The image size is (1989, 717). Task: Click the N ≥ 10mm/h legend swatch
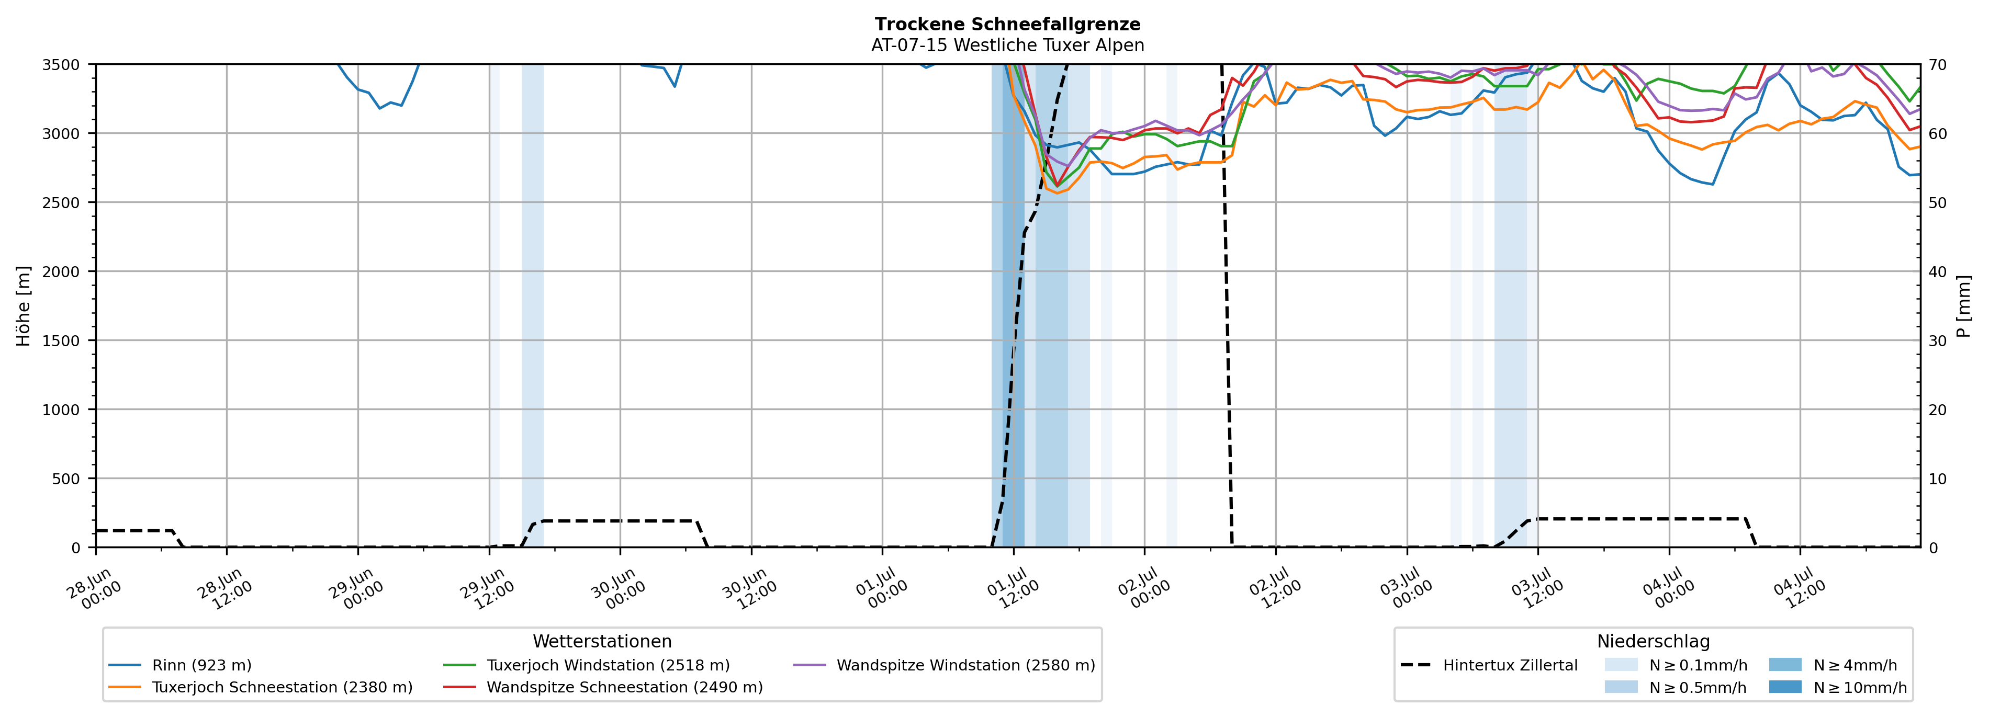[1784, 687]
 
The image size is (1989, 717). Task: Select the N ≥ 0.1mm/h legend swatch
[1621, 665]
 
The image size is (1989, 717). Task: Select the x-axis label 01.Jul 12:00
[1014, 588]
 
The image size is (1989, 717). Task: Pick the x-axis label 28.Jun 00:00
[94, 588]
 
